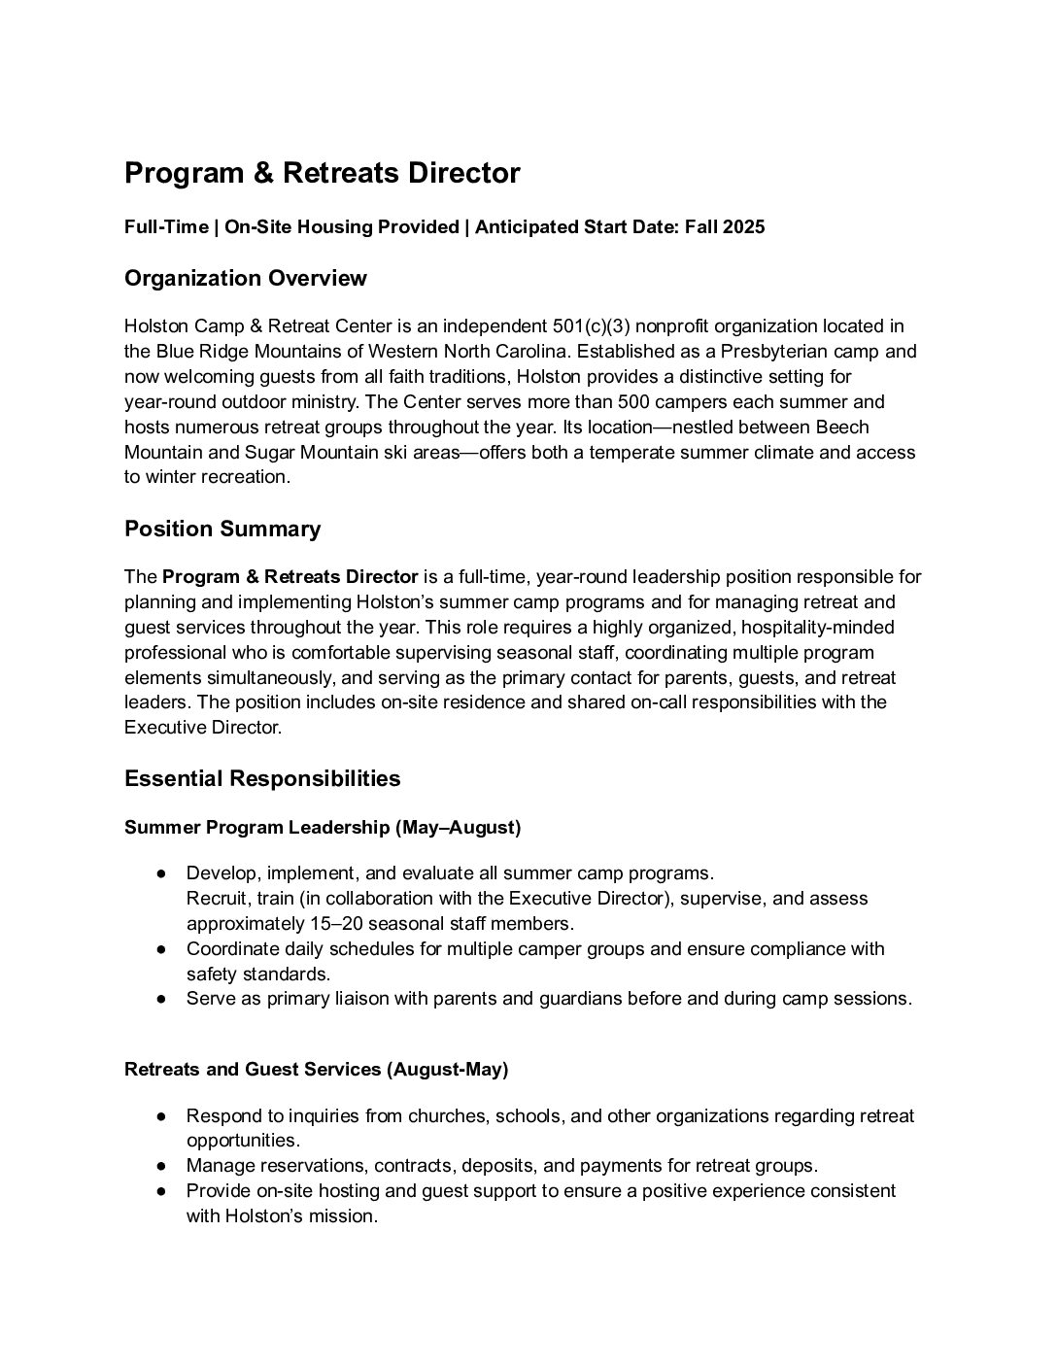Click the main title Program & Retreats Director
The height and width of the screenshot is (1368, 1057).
click(x=322, y=174)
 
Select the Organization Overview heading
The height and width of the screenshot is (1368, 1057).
click(x=245, y=279)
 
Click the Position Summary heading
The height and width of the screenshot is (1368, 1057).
click(x=222, y=530)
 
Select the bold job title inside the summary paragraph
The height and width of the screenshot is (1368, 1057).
click(x=290, y=577)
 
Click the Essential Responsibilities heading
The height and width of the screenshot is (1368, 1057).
click(x=262, y=779)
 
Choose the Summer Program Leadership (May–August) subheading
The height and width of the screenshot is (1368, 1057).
click(x=323, y=828)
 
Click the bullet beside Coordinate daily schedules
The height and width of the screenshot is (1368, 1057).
click(x=161, y=949)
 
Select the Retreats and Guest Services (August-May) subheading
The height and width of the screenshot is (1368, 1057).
click(x=316, y=1070)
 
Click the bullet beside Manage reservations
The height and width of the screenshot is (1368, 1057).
click(x=161, y=1166)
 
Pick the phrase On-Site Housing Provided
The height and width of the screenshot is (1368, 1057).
click(x=341, y=227)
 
